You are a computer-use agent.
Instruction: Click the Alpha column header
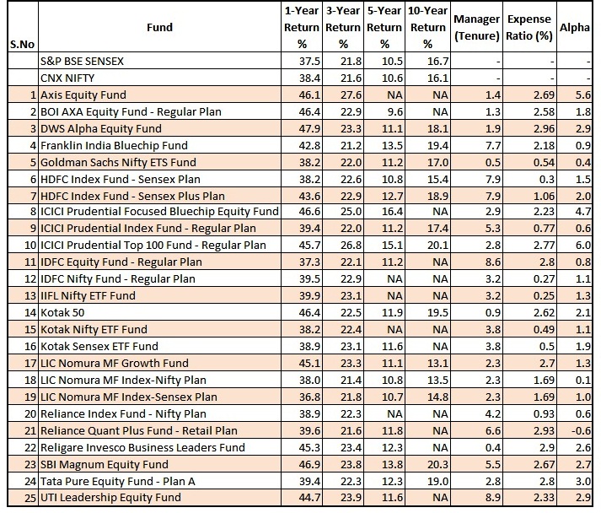click(574, 27)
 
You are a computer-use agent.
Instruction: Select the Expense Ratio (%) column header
click(529, 27)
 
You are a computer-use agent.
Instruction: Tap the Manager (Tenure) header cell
click(476, 27)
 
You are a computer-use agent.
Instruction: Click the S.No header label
click(22, 44)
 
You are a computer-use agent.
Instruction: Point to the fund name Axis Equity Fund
click(83, 94)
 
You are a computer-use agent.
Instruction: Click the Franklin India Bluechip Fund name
click(114, 145)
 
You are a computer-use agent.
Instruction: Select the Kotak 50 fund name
click(62, 312)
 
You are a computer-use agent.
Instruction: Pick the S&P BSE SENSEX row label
click(82, 61)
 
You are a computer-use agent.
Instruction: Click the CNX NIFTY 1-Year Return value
click(309, 78)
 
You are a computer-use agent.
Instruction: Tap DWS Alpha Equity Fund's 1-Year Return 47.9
click(309, 128)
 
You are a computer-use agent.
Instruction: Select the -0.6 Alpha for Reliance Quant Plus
click(581, 430)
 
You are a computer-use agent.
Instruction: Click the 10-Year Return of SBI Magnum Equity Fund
click(437, 464)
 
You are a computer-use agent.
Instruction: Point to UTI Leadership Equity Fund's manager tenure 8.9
click(492, 497)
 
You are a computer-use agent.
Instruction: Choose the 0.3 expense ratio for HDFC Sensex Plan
click(546, 179)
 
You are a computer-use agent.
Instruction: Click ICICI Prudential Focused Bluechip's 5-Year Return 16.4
click(393, 212)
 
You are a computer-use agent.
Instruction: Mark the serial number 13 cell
click(30, 295)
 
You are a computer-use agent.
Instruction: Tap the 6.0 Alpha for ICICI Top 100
click(583, 245)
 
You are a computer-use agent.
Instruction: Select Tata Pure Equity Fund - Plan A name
click(118, 481)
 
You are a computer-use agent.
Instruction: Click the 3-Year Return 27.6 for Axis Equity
click(351, 94)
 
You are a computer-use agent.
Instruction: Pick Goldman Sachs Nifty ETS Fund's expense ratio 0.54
click(544, 162)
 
